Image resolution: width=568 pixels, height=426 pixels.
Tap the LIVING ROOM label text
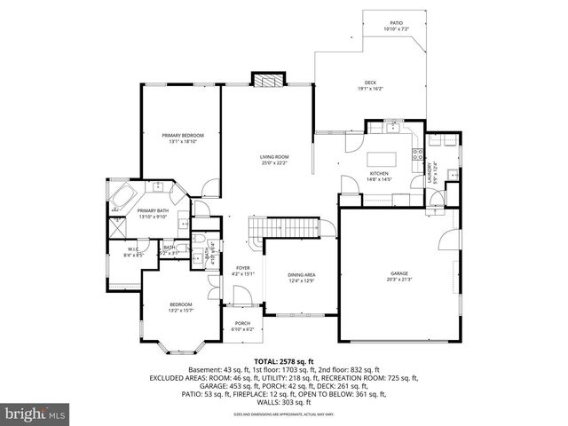point(274,157)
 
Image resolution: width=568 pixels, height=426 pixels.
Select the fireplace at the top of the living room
point(267,80)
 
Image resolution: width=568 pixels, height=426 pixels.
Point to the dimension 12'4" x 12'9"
point(302,281)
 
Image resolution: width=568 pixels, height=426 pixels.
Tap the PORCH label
point(242,323)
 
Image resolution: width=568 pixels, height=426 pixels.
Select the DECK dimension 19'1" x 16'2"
point(370,89)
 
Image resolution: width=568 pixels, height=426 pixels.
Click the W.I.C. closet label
point(133,249)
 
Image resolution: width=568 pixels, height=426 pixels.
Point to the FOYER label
point(242,268)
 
